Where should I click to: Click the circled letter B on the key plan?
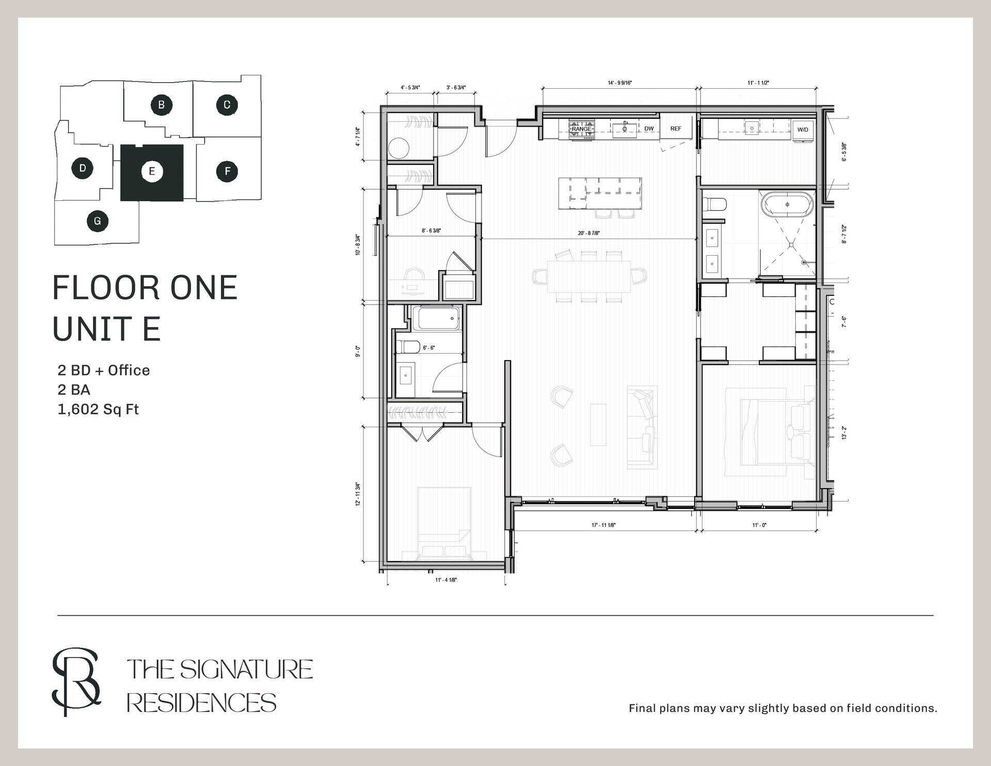161,105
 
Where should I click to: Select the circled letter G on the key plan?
97,222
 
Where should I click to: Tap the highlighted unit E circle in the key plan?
152,171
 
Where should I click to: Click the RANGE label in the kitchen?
581,129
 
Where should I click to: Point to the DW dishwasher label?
649,129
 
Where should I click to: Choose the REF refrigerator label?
676,129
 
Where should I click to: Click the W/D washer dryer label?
803,130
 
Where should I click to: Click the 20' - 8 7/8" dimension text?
589,233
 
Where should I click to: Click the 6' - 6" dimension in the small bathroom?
428,348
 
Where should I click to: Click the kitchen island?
600,193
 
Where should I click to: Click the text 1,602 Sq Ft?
99,410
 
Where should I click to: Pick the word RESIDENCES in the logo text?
201,703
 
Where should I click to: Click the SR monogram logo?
76,683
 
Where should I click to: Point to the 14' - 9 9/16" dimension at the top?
620,83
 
